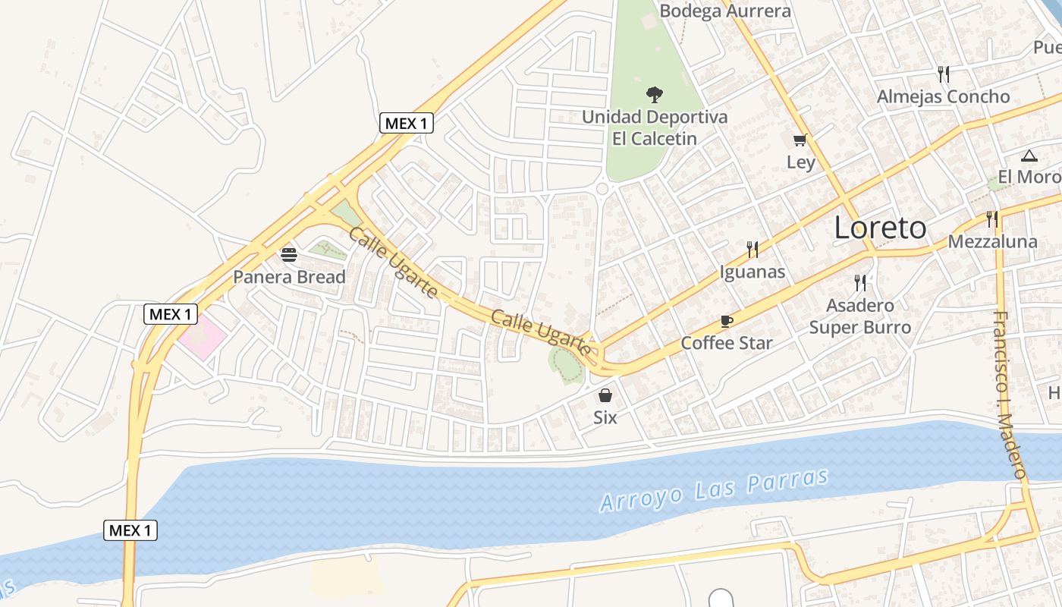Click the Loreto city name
pyautogui.click(x=880, y=228)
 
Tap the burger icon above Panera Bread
pyautogui.click(x=288, y=254)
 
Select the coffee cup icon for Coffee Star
pyautogui.click(x=726, y=321)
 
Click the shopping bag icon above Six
pyautogui.click(x=605, y=395)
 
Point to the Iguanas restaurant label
pyautogui.click(x=752, y=272)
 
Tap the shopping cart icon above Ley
pyautogui.click(x=800, y=140)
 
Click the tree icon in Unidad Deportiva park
pyautogui.click(x=654, y=95)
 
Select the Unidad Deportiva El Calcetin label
pyautogui.click(x=654, y=127)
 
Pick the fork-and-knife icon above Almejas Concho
pyautogui.click(x=943, y=74)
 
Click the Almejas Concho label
pyautogui.click(x=943, y=96)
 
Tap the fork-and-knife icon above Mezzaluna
pyautogui.click(x=992, y=219)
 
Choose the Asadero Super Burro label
pyautogui.click(x=859, y=316)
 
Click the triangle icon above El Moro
pyautogui.click(x=1029, y=156)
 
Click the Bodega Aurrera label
pyautogui.click(x=724, y=11)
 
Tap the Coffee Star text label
pyautogui.click(x=726, y=343)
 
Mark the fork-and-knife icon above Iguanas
pyautogui.click(x=752, y=249)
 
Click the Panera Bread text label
pyautogui.click(x=289, y=277)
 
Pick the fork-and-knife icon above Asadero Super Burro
pyautogui.click(x=859, y=283)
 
